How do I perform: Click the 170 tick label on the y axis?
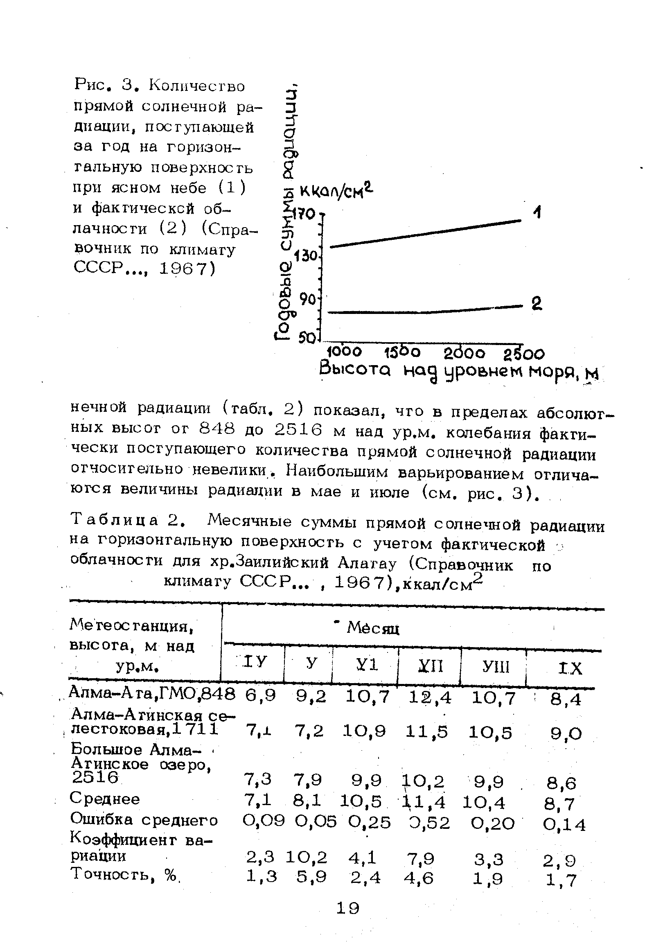(304, 214)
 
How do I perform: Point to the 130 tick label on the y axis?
(306, 256)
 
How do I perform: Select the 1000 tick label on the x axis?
(344, 352)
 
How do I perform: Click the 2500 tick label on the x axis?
(524, 354)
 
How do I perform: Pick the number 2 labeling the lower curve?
(537, 304)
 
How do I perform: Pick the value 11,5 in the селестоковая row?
(426, 732)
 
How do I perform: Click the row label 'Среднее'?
(105, 798)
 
